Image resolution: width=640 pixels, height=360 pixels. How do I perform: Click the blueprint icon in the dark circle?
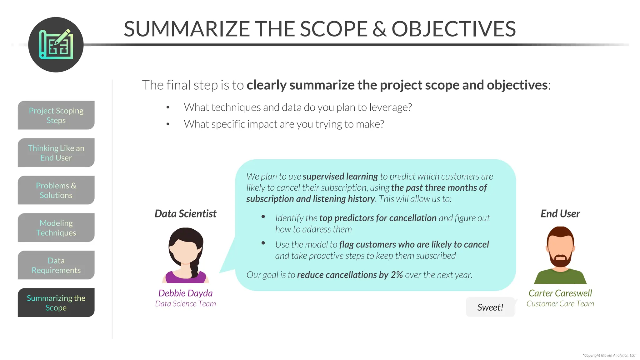pyautogui.click(x=56, y=45)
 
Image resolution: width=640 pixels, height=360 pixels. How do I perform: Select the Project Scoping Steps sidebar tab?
pyautogui.click(x=56, y=115)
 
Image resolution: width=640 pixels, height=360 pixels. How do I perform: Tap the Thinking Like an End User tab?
pyautogui.click(x=56, y=153)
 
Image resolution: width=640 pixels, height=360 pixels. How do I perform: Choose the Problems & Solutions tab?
pyautogui.click(x=56, y=190)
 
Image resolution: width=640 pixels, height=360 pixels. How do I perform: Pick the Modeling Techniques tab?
pyautogui.click(x=56, y=228)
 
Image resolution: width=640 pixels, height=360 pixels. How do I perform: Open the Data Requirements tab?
pyautogui.click(x=56, y=265)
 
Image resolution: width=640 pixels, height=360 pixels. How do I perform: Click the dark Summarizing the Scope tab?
pyautogui.click(x=56, y=303)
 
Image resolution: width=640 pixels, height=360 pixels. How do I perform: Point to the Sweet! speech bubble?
pyautogui.click(x=490, y=307)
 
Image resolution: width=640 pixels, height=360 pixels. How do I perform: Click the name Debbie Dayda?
pyautogui.click(x=185, y=293)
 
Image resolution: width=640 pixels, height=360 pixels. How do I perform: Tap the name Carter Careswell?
pyautogui.click(x=560, y=293)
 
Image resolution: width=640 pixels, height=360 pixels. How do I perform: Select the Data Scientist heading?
pyautogui.click(x=185, y=214)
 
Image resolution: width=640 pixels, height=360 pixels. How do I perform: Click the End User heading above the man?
pyautogui.click(x=560, y=214)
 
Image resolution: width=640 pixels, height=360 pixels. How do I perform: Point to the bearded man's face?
pyautogui.click(x=560, y=250)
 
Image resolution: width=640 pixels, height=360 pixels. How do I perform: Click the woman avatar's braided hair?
pyautogui.click(x=194, y=269)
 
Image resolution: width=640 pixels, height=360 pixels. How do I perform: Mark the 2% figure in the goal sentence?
pyautogui.click(x=397, y=275)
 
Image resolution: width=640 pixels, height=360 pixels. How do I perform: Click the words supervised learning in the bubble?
pyautogui.click(x=340, y=177)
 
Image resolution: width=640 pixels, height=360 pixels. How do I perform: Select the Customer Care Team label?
pyautogui.click(x=560, y=304)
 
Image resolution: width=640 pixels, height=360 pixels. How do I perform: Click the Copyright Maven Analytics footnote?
pyautogui.click(x=609, y=355)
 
